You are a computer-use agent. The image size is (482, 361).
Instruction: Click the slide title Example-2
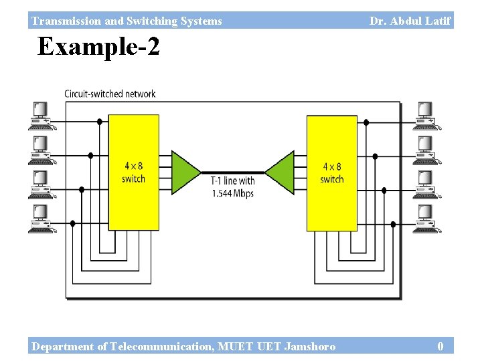click(98, 47)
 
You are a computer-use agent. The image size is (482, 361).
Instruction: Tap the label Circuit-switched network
click(110, 94)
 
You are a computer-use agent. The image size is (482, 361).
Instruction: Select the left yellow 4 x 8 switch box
click(133, 172)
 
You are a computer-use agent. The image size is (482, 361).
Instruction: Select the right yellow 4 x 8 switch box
click(331, 172)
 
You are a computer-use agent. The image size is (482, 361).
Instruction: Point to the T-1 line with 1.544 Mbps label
click(232, 187)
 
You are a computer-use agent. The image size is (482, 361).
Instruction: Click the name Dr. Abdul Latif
click(410, 21)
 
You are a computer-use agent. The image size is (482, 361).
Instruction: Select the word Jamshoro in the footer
click(310, 346)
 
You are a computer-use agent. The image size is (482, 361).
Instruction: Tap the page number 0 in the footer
click(440, 346)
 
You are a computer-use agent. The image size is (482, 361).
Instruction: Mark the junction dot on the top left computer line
click(100, 122)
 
